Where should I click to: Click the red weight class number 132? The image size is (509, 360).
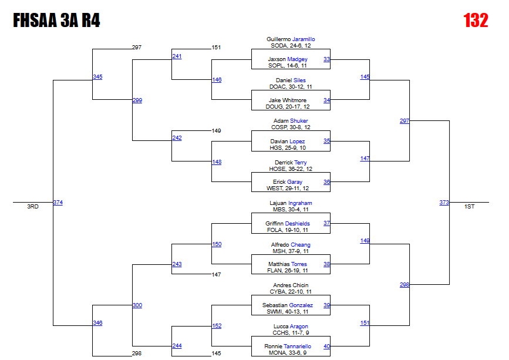pos(476,21)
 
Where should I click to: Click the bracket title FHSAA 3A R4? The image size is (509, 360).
pos(56,21)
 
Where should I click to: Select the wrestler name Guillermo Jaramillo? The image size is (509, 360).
pos(291,39)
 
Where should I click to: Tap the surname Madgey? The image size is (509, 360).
pos(297,59)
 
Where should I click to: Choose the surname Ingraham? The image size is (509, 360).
pos(299,203)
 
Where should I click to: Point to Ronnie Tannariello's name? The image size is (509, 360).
pos(288,346)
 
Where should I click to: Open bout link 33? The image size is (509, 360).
pos(326,59)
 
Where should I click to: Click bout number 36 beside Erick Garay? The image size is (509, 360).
pos(326,182)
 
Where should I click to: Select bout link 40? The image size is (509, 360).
pos(326,346)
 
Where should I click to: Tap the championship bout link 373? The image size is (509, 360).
pos(444,203)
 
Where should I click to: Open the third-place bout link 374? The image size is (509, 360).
pos(58,203)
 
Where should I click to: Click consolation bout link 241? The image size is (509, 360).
pos(177,56)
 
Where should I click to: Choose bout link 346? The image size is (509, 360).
pos(97,323)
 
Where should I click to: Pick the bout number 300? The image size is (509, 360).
pos(137,305)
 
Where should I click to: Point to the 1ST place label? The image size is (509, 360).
pos(470,207)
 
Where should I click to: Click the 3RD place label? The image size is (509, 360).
pos(33,207)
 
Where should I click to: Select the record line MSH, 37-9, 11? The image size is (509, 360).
pos(291,251)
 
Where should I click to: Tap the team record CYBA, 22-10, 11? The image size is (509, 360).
pos(291,292)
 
